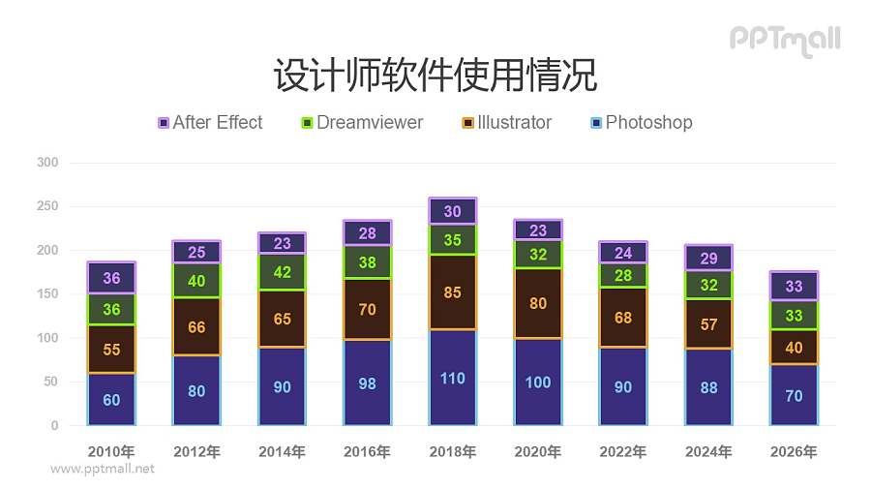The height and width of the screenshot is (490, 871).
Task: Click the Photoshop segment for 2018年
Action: coord(452,378)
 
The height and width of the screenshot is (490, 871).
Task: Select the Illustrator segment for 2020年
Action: coord(538,303)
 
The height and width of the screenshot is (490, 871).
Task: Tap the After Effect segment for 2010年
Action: coord(111,278)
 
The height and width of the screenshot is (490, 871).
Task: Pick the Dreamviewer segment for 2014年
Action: coord(282,272)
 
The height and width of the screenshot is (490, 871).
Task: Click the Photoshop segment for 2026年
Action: coord(794,395)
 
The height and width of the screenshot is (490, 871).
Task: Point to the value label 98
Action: coord(367,383)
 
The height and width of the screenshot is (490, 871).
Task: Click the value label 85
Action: coord(452,291)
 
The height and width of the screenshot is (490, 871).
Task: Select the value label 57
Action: coord(708,324)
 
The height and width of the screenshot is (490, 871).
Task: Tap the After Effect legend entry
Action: coord(210,123)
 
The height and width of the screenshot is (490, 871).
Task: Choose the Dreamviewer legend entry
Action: coord(362,123)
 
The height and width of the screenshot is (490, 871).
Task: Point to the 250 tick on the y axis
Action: coord(47,207)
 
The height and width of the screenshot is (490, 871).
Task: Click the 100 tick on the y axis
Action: coord(47,338)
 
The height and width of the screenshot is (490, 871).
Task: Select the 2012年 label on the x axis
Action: coord(196,451)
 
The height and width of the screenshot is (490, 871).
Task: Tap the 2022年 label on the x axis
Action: coord(623,451)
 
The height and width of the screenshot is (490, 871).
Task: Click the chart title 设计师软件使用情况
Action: coord(435,74)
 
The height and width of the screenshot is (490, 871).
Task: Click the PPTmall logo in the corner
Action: coord(784,40)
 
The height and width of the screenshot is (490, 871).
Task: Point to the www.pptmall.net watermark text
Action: coord(102,469)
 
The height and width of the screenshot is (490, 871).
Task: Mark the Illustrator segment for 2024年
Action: coord(708,323)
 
